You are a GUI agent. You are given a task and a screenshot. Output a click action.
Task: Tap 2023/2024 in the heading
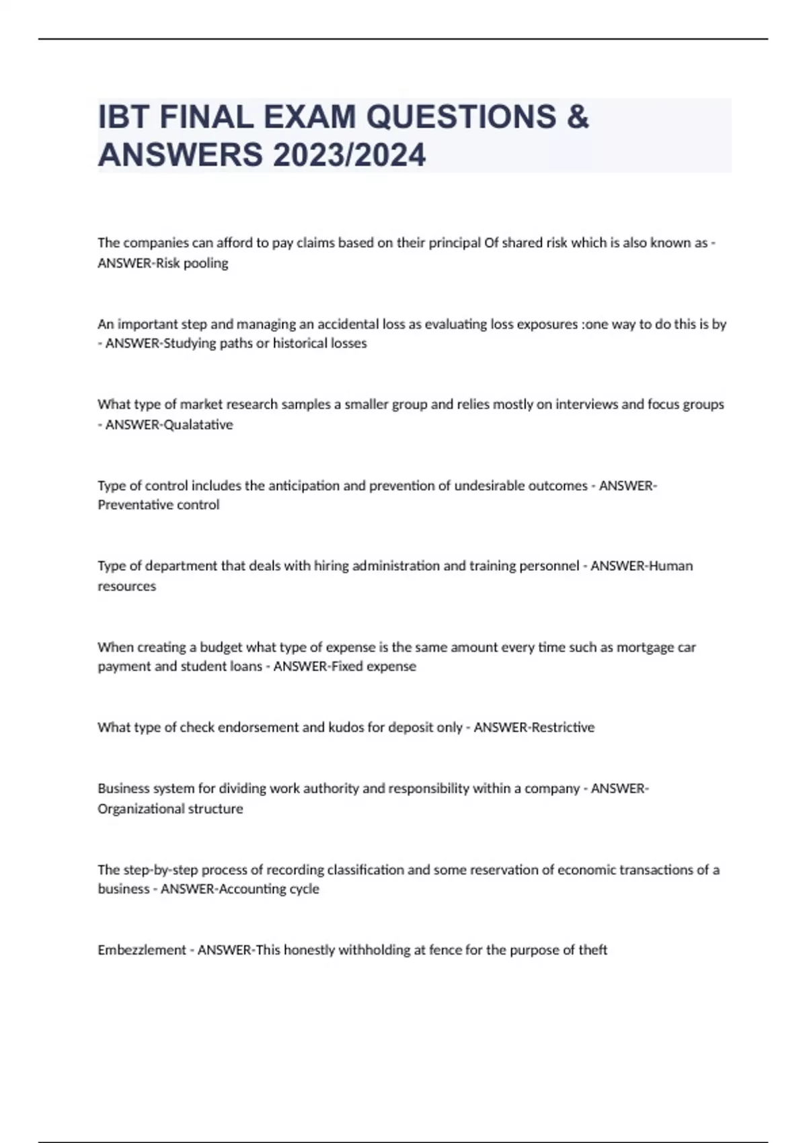point(349,155)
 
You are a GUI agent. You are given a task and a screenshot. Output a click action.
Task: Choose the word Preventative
point(129,505)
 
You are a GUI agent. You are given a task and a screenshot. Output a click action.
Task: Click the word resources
point(126,586)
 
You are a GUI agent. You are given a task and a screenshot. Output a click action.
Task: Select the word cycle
point(303,889)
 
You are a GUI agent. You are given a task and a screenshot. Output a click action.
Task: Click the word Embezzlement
point(141,950)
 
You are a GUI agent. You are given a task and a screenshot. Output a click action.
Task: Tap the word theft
point(592,950)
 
